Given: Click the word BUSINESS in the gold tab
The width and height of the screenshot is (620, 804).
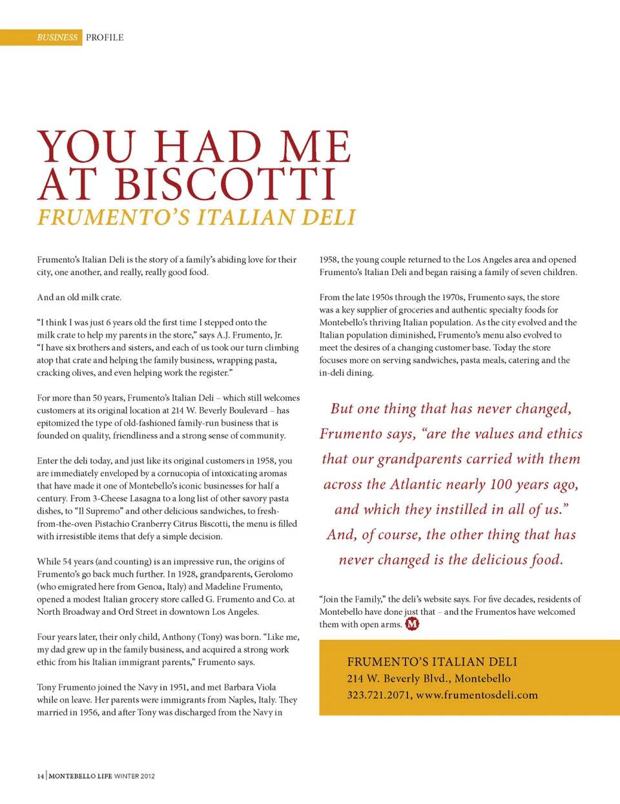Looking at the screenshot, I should coord(57,37).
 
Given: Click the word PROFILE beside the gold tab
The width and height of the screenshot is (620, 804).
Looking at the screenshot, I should coord(105,37).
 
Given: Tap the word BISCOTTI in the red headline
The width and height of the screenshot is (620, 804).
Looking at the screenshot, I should coord(225,184).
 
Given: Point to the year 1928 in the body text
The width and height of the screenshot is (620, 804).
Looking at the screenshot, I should coord(187,574).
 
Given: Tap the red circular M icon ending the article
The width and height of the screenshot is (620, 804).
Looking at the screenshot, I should coord(412,624).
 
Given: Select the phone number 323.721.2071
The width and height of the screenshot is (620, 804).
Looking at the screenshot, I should coord(378,696).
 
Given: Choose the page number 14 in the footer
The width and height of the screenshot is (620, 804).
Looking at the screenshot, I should coord(40,776).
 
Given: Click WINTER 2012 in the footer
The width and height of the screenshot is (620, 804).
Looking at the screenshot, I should coord(134,776).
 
